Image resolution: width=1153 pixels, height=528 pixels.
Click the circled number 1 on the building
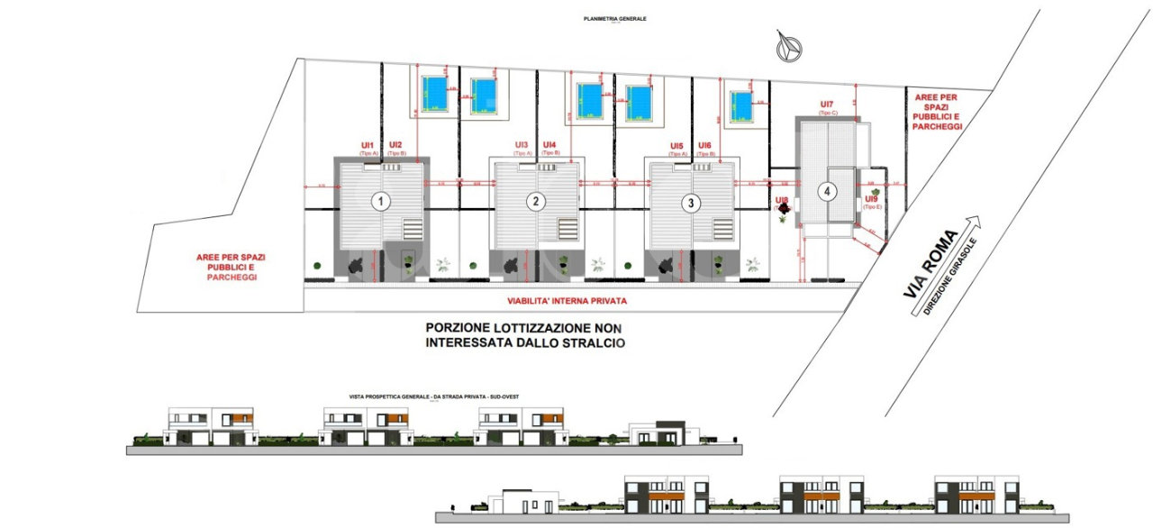click(x=382, y=201)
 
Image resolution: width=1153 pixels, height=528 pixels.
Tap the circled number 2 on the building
click(x=536, y=201)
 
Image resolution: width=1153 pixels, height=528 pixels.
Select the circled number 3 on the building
click(x=691, y=203)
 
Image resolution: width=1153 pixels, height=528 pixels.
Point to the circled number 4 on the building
click(x=826, y=191)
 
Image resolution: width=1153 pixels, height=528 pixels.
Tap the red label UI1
click(x=368, y=145)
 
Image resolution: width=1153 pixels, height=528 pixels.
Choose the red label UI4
click(x=549, y=145)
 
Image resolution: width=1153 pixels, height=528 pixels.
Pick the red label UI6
click(x=704, y=146)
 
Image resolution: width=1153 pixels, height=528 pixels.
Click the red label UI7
click(x=828, y=105)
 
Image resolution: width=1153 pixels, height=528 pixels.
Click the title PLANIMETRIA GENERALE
click(x=615, y=19)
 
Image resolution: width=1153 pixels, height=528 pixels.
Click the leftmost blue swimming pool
click(x=435, y=91)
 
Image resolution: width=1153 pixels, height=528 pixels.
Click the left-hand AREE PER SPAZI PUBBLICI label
click(x=231, y=268)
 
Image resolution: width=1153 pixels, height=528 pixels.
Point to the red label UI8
click(x=781, y=199)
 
